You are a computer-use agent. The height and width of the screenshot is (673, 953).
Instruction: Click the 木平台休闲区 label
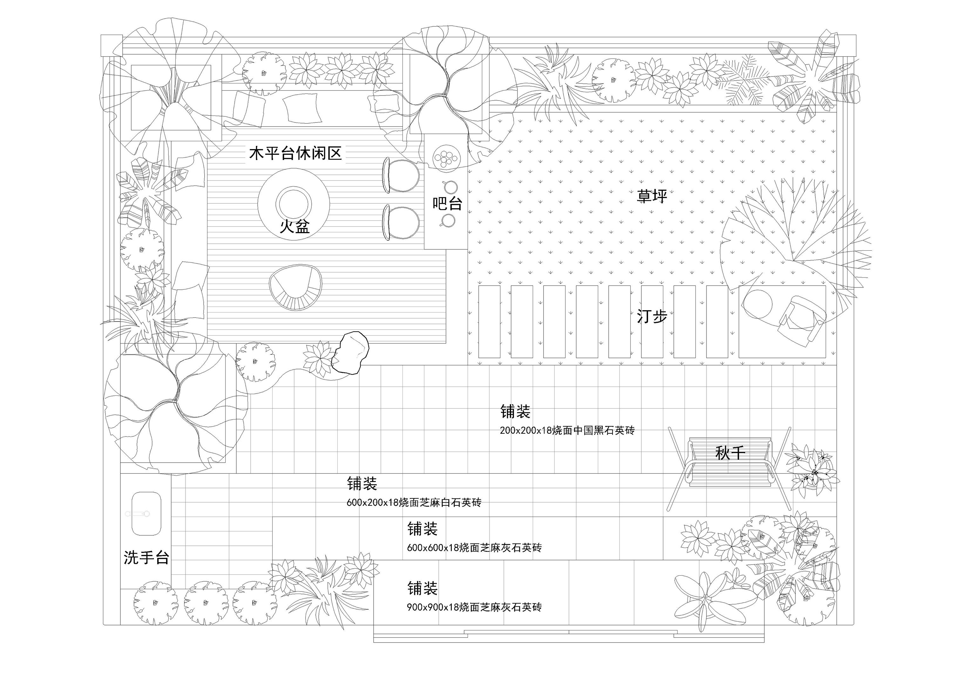point(295,154)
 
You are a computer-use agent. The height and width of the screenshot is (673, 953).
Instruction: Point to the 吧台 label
point(447,204)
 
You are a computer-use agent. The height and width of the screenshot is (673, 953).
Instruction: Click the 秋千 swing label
point(730,453)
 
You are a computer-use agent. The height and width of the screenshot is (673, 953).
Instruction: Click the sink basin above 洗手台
point(146,514)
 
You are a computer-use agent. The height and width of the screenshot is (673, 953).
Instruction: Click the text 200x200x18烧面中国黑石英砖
point(567,430)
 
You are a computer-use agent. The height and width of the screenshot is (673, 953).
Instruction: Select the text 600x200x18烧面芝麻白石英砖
point(414,503)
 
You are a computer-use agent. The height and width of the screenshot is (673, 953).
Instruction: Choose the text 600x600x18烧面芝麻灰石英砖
point(474,548)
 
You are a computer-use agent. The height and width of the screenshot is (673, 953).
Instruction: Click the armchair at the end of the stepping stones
point(801,320)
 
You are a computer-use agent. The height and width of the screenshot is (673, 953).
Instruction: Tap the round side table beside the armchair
point(758,304)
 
